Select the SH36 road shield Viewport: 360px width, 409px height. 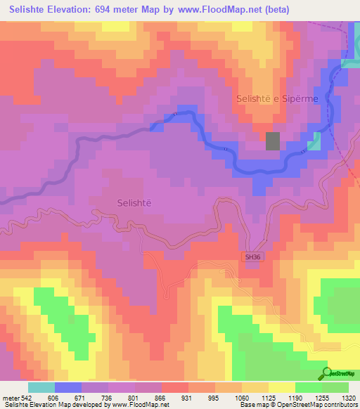[x=252, y=257]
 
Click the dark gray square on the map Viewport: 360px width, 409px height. [x=273, y=141]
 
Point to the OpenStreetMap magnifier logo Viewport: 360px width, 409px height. [x=326, y=373]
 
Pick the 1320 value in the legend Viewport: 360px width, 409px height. [x=349, y=396]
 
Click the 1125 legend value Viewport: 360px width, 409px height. [x=269, y=396]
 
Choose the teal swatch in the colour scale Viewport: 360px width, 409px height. [x=41, y=387]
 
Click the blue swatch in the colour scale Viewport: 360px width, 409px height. [x=68, y=387]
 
